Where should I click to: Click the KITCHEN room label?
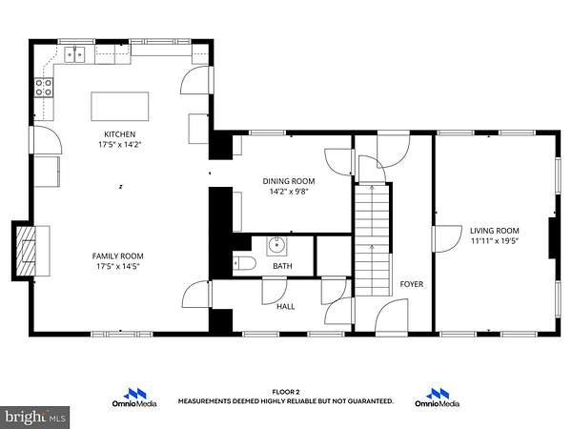pos(120,134)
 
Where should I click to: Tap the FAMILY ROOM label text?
pos(118,256)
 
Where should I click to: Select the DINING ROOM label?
pos(289,181)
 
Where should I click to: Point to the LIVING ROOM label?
pos(494,231)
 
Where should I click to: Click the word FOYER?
pos(412,284)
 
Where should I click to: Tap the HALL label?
pos(286,307)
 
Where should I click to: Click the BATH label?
pos(282,266)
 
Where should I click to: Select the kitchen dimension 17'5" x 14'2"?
pos(120,145)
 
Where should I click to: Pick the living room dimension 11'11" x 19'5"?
pos(494,241)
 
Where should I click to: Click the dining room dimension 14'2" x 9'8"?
pos(289,192)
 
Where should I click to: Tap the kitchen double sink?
pos(74,54)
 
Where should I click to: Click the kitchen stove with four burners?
pos(44,88)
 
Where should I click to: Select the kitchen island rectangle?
pos(120,106)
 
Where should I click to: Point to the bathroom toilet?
pos(244,263)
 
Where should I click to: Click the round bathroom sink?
pos(276,246)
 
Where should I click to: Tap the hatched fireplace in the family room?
pos(26,251)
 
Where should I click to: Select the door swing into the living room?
pos(447,239)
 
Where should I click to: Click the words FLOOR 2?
pos(286,392)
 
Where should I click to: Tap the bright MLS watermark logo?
pos(34,417)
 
